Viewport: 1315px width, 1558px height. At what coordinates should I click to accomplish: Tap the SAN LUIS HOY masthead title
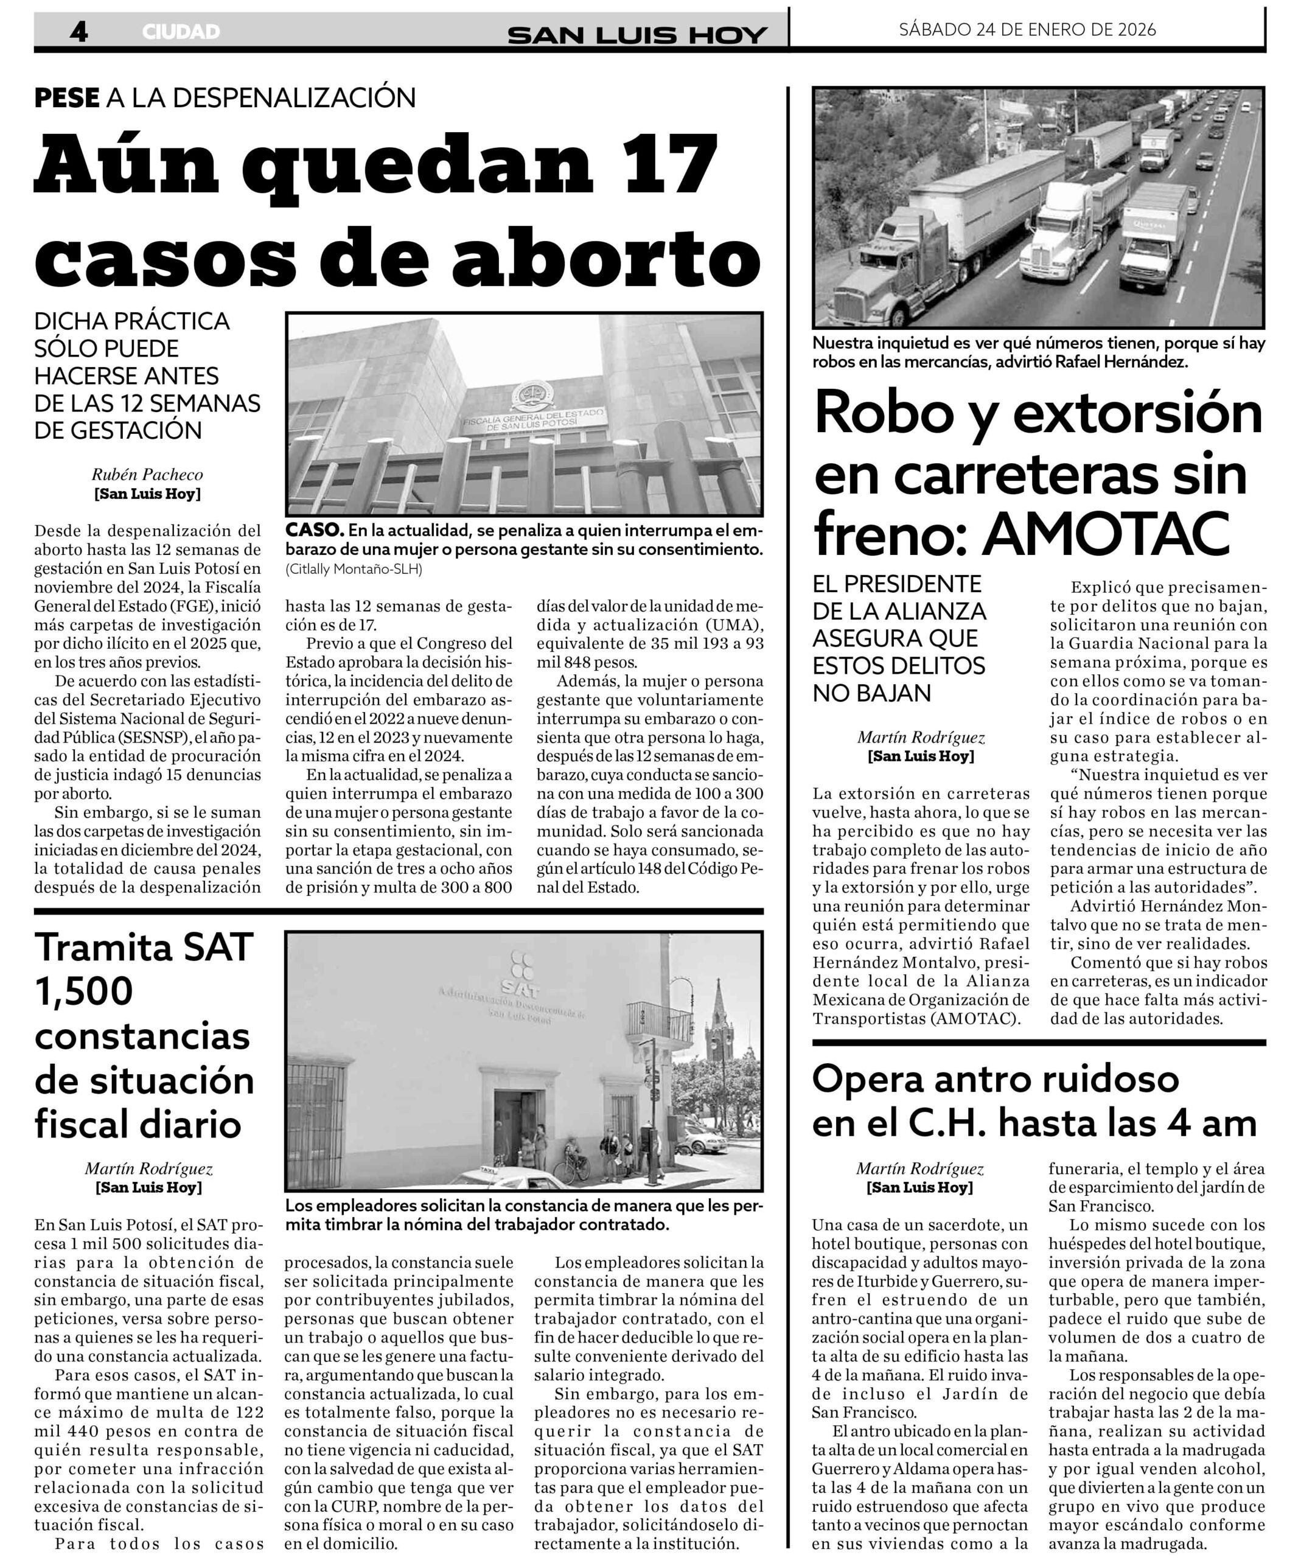[x=637, y=34]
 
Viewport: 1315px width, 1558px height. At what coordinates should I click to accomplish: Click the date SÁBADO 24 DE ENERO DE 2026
[x=1027, y=30]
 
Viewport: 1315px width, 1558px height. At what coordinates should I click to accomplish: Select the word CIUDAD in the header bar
[x=181, y=32]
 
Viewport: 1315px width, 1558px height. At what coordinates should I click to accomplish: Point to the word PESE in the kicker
[x=66, y=97]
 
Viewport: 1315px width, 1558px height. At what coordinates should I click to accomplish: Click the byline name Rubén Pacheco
[x=147, y=474]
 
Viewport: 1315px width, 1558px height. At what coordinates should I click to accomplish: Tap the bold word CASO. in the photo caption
[x=314, y=531]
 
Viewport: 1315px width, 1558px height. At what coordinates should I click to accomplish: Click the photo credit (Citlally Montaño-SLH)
[x=354, y=569]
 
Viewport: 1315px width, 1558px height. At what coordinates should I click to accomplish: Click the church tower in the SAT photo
[x=719, y=1019]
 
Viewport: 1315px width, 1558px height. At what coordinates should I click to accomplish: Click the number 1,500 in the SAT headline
[x=83, y=991]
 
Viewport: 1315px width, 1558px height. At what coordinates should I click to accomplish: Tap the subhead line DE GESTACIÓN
[x=118, y=430]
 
